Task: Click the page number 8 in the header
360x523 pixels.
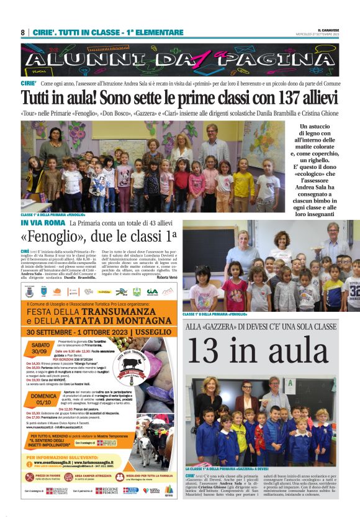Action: (22, 32)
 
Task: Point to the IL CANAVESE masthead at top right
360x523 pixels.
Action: (345, 30)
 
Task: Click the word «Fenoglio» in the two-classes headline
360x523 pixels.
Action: (50, 237)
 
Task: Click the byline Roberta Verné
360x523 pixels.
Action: (166, 277)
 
